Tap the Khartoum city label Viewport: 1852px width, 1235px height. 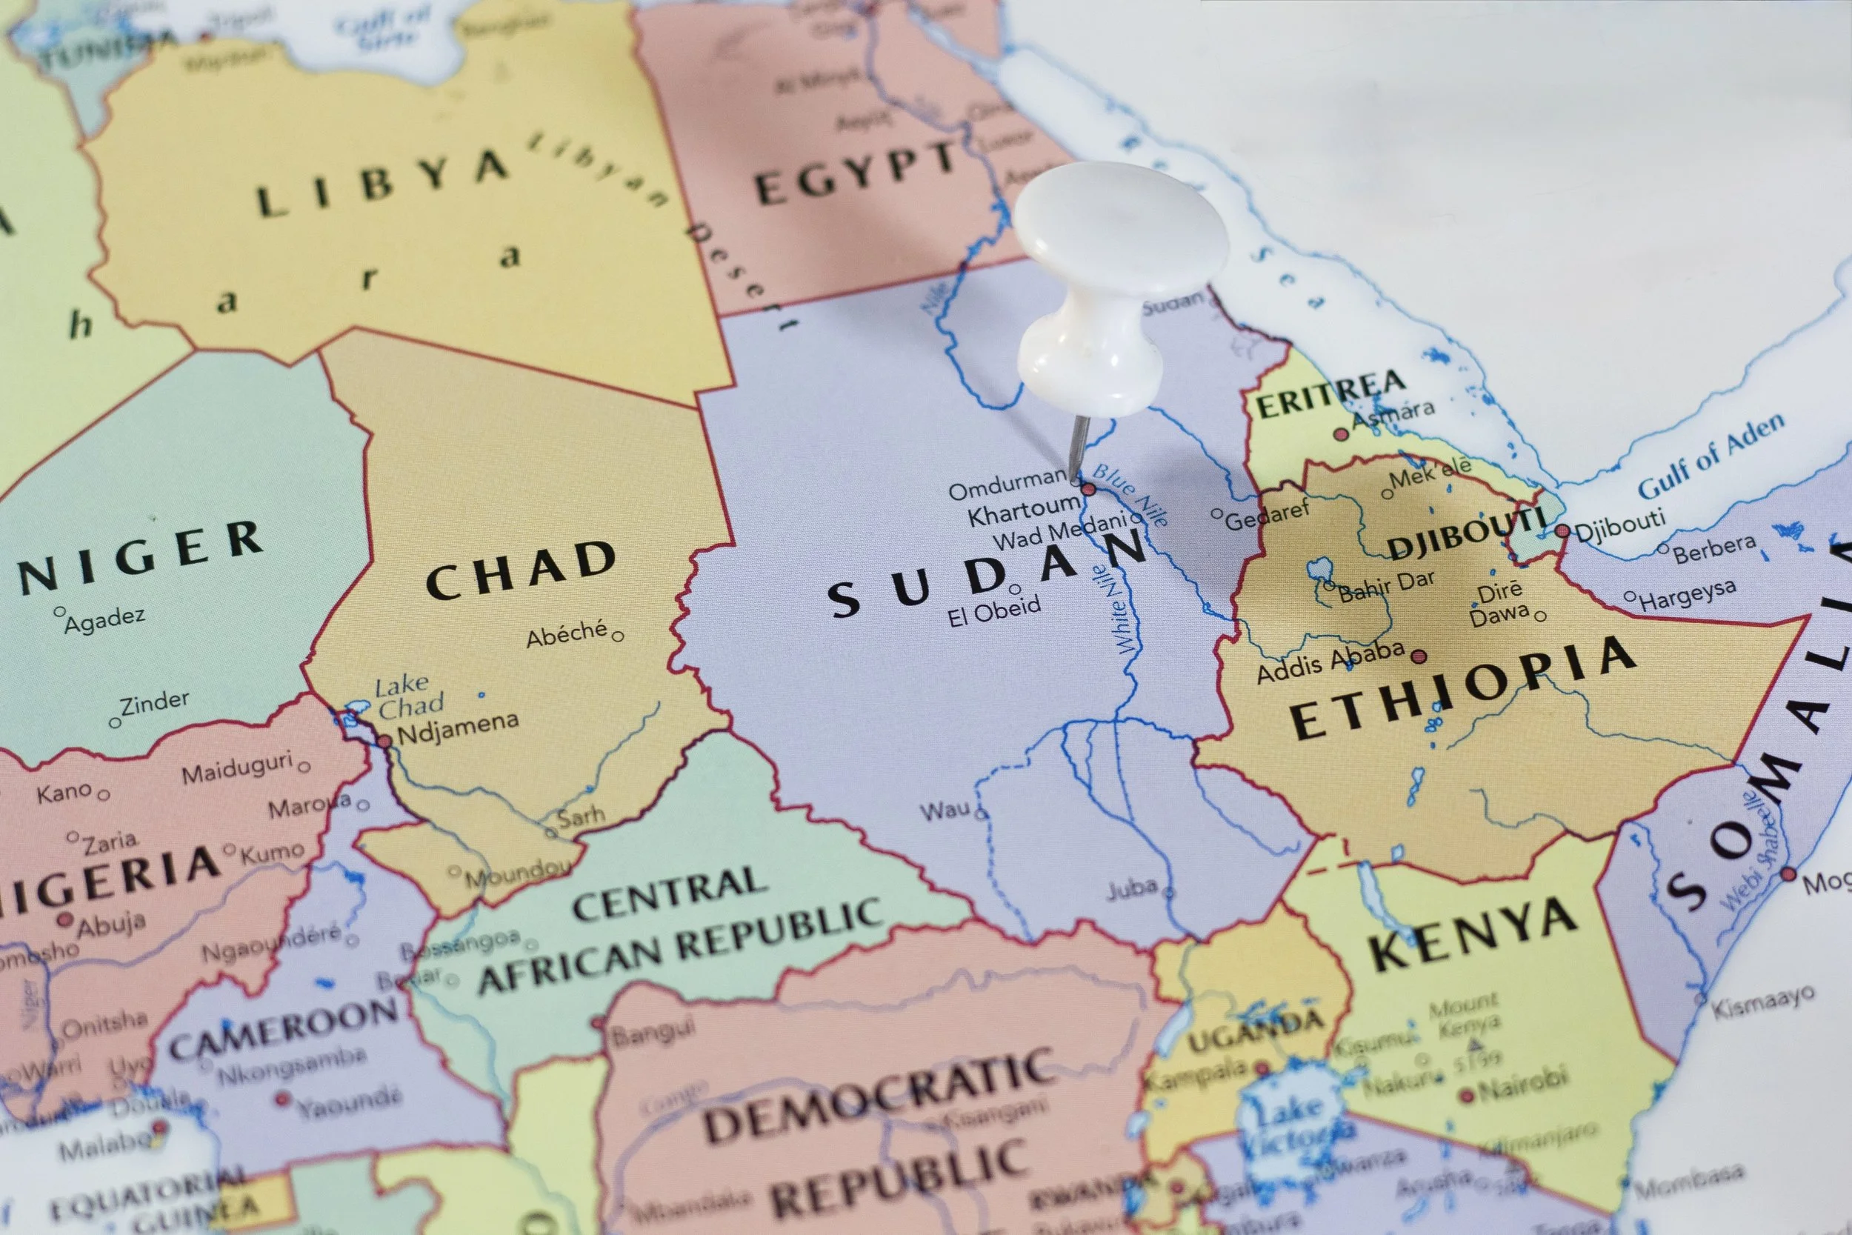click(x=1022, y=509)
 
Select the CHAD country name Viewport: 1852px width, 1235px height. click(x=521, y=570)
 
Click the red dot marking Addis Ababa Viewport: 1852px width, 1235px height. click(x=1419, y=656)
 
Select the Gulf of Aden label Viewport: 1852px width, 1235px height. click(x=1711, y=456)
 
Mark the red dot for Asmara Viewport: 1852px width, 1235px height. click(x=1340, y=434)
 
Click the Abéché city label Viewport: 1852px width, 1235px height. click(x=567, y=634)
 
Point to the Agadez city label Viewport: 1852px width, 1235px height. click(x=104, y=621)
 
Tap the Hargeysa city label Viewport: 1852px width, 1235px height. click(x=1687, y=595)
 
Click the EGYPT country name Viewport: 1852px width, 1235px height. click(x=855, y=176)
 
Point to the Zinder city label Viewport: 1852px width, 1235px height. click(x=154, y=702)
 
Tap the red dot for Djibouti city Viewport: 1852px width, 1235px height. click(x=1562, y=531)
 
